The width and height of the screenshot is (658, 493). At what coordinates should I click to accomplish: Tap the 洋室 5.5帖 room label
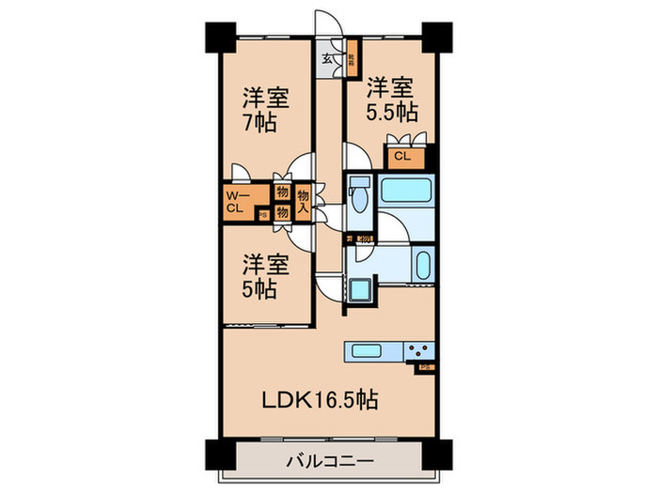[x=392, y=100]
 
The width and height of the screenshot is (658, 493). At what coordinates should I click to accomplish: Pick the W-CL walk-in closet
[x=235, y=203]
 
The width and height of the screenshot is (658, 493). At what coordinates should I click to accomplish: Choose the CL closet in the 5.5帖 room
[x=400, y=157]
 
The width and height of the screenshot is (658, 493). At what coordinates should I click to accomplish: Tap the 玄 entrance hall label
[x=327, y=59]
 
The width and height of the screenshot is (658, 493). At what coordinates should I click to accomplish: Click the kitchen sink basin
[x=367, y=352]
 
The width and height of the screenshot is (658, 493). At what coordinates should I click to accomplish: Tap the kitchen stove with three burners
[x=417, y=352]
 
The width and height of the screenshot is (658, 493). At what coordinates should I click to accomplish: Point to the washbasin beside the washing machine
[x=421, y=265]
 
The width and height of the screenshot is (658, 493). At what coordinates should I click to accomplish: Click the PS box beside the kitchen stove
[x=425, y=368]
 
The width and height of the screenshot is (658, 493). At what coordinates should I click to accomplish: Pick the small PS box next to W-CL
[x=262, y=215]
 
